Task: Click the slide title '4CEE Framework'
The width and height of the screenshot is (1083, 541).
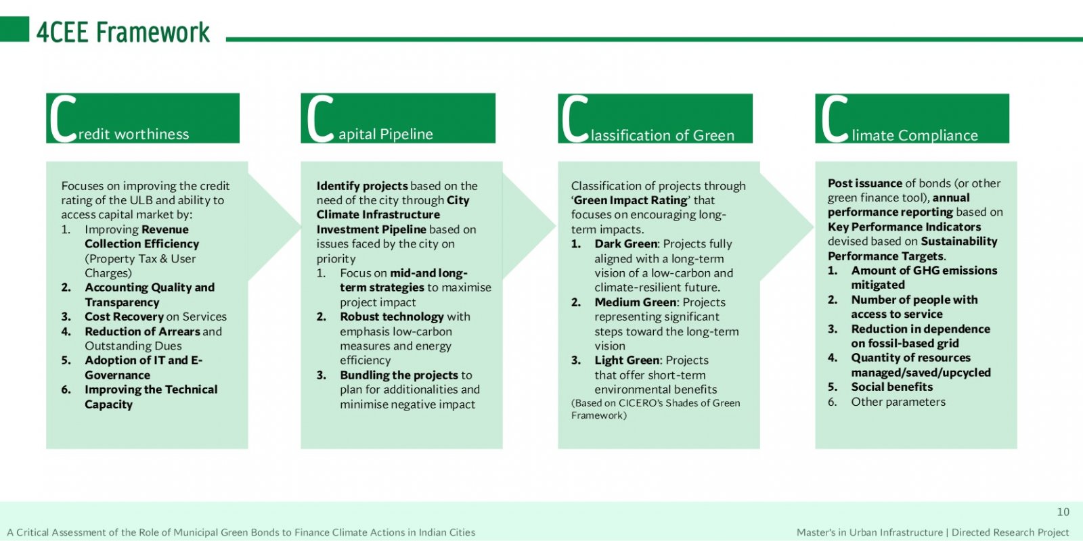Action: (x=123, y=32)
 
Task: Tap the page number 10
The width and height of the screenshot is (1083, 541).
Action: (x=1063, y=511)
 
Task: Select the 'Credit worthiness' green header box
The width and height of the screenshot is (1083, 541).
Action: (x=143, y=118)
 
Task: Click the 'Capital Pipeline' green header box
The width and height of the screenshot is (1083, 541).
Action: (x=398, y=118)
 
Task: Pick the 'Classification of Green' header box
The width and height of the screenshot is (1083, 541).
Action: (x=655, y=118)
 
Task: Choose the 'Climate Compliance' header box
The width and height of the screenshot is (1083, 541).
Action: (x=912, y=118)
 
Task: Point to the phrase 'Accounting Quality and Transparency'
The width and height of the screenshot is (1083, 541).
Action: (x=150, y=295)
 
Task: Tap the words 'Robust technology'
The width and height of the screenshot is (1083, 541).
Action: (x=392, y=316)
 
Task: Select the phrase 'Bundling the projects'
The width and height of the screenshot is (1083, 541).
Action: (x=399, y=375)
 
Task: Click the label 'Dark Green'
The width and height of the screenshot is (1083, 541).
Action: (x=625, y=243)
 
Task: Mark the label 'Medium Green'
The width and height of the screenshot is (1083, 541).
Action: (x=636, y=302)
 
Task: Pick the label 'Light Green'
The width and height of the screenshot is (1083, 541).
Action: (x=627, y=360)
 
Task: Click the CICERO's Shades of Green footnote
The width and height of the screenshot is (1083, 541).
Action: (x=656, y=408)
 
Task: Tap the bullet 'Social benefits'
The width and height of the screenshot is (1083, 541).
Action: (x=892, y=386)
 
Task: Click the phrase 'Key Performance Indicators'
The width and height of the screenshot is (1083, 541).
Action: (x=904, y=227)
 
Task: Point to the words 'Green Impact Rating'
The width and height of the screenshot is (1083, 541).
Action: (x=630, y=200)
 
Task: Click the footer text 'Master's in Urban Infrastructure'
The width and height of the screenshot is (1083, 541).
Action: (x=869, y=532)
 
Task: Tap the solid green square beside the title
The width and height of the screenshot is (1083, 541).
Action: (x=14, y=29)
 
